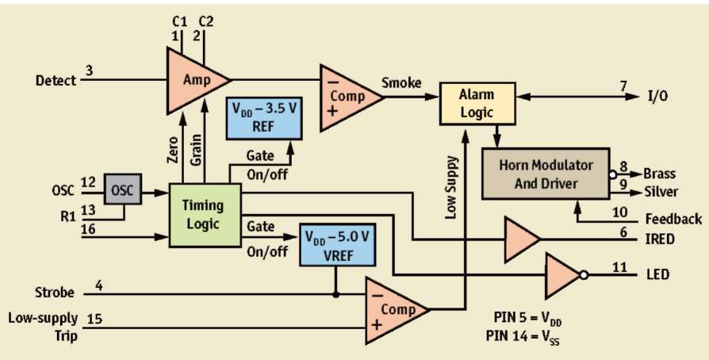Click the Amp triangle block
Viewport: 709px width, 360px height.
(194, 80)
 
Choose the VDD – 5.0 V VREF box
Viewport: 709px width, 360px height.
(335, 245)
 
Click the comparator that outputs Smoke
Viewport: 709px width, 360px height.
(347, 98)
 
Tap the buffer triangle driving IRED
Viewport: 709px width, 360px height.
(520, 239)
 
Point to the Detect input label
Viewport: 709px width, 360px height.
(56, 80)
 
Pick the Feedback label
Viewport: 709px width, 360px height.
(672, 219)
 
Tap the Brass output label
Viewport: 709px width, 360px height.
(660, 173)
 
